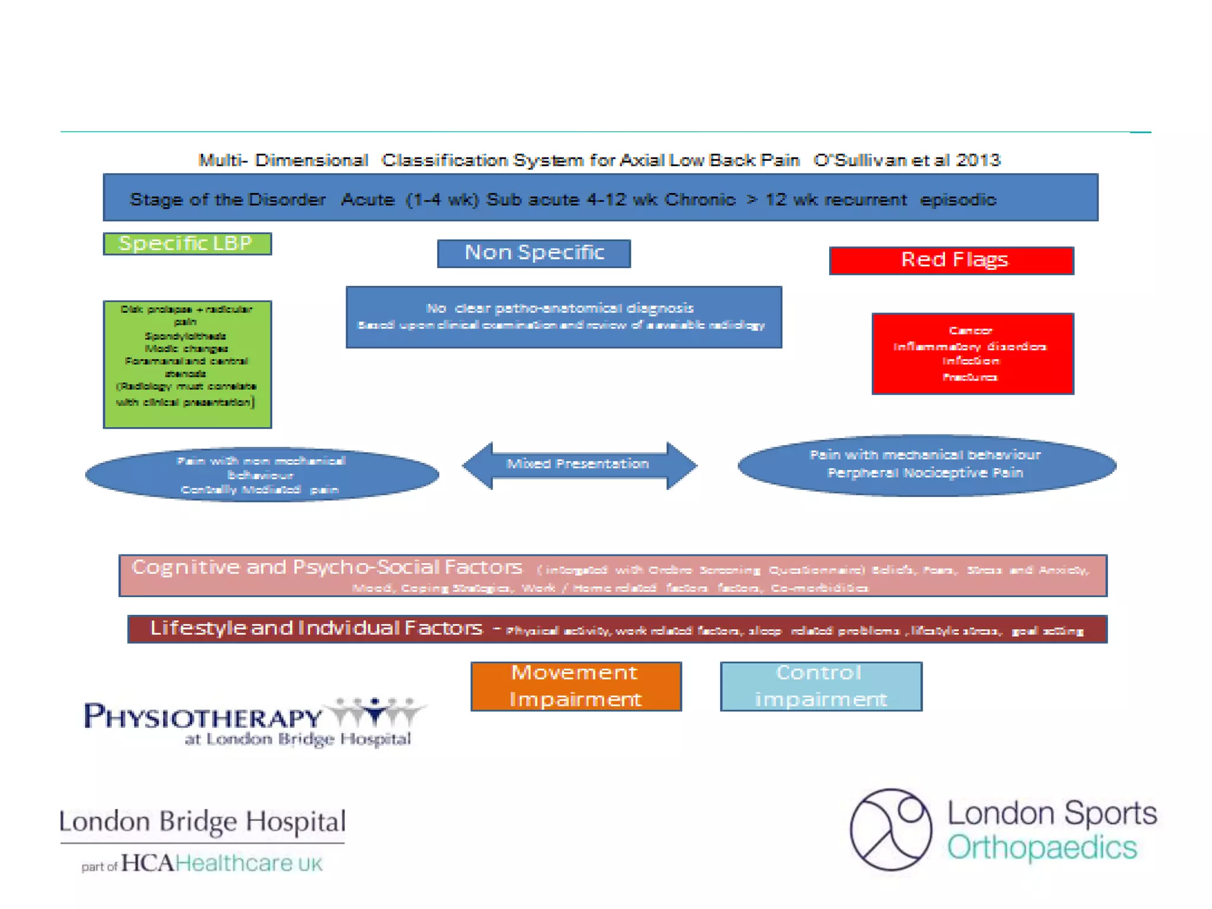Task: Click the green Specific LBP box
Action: (187, 244)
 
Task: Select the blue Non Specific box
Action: (534, 253)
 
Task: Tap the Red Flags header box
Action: (951, 260)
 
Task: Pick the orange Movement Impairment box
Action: (576, 686)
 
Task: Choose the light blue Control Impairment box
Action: (821, 686)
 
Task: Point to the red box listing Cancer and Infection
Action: (972, 353)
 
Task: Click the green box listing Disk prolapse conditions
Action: (187, 364)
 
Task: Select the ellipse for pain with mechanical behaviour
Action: (926, 465)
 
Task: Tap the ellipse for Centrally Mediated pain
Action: (262, 475)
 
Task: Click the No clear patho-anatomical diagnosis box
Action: (563, 317)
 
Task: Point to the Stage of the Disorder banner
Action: (600, 198)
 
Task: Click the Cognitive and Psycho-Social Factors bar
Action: (613, 575)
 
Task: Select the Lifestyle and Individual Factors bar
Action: (617, 628)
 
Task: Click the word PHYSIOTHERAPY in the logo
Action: (203, 717)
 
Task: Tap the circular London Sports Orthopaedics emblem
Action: (891, 829)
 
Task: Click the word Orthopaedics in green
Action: (1042, 847)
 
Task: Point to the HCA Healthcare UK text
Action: (222, 863)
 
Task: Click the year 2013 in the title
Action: (978, 160)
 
